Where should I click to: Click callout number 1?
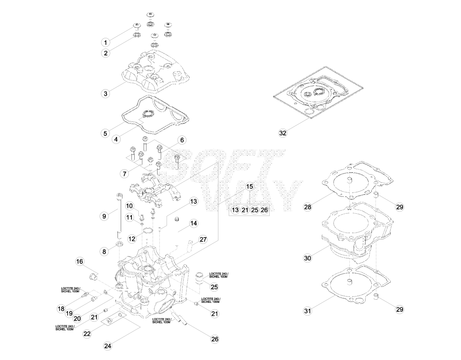pyautogui.click(x=105, y=42)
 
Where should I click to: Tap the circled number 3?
pyautogui.click(x=105, y=94)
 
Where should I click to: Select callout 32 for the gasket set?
pyautogui.click(x=283, y=133)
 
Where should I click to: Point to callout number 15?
pyautogui.click(x=249, y=186)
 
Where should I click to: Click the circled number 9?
pyautogui.click(x=104, y=216)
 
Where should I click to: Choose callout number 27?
pyautogui.click(x=203, y=239)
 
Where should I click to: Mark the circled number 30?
pyautogui.click(x=307, y=258)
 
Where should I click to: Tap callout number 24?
pyautogui.click(x=108, y=346)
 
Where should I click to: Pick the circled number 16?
pyautogui.click(x=80, y=261)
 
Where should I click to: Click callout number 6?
pyautogui.click(x=182, y=140)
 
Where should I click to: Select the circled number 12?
pyautogui.click(x=132, y=238)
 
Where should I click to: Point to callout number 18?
pyautogui.click(x=61, y=309)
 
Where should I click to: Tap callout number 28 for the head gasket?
pyautogui.click(x=307, y=207)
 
